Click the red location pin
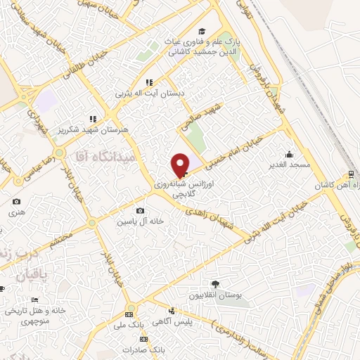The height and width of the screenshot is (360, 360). [x=180, y=165]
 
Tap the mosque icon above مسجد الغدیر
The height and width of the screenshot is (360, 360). [x=288, y=154]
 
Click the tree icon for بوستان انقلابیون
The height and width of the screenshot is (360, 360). [x=214, y=284]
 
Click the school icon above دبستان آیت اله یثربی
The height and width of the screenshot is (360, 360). [x=148, y=82]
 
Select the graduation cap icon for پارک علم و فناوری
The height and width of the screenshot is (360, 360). [x=202, y=32]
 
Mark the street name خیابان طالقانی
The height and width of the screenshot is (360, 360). [x=85, y=63]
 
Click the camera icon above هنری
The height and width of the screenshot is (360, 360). [x=16, y=202]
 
